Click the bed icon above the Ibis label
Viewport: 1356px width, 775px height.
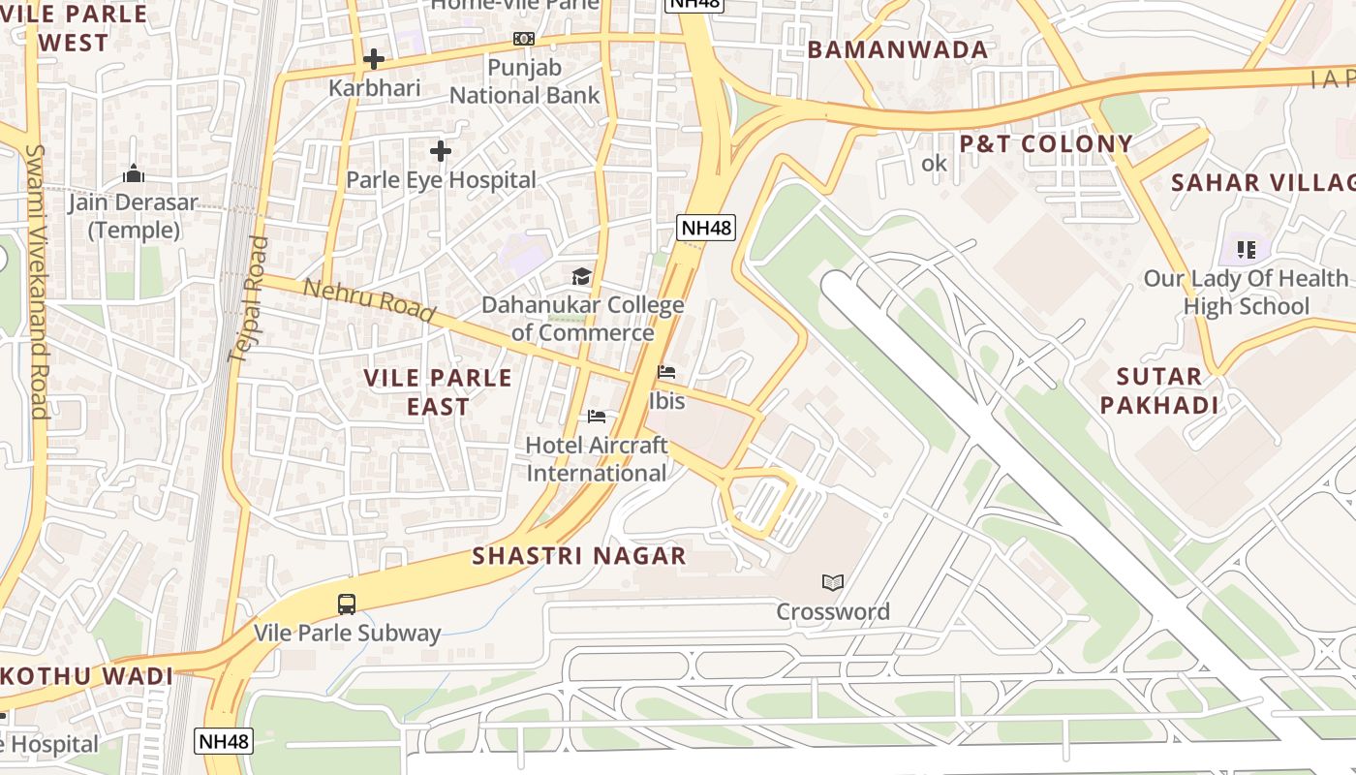[x=665, y=372]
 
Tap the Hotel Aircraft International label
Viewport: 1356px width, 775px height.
[x=597, y=459]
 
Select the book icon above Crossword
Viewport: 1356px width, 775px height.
[x=832, y=582]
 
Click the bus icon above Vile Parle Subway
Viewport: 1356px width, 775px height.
[x=347, y=604]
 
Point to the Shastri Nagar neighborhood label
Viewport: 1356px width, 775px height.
[x=579, y=556]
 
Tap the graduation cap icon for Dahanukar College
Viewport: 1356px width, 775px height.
[x=581, y=277]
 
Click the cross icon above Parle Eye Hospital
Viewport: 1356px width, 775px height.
[x=441, y=151]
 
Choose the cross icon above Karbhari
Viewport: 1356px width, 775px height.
[x=374, y=59]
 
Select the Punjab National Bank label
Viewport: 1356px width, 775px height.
[x=524, y=81]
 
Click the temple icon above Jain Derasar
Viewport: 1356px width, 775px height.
[x=134, y=174]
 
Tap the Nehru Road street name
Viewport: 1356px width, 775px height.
[x=369, y=300]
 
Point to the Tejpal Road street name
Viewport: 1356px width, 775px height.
[x=246, y=299]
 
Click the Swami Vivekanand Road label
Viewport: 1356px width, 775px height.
[x=38, y=281]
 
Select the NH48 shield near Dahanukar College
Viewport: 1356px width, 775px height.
[x=706, y=229]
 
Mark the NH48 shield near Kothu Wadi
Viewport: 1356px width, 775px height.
[x=224, y=742]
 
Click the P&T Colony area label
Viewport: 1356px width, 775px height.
[x=1046, y=144]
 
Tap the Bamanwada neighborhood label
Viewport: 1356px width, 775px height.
[x=897, y=50]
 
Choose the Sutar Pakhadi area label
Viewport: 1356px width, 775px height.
[x=1158, y=390]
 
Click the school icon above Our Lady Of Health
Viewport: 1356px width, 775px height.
[x=1246, y=250]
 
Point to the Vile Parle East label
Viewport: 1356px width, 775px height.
[x=438, y=391]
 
